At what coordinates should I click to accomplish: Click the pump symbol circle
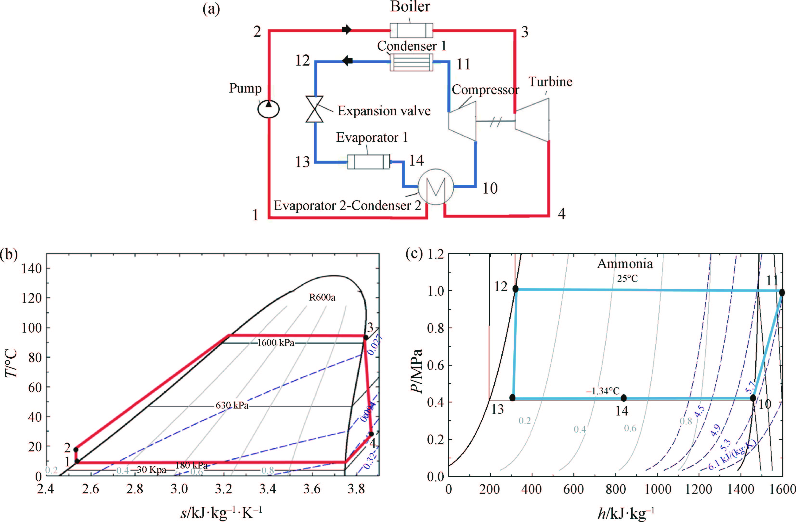[x=268, y=109]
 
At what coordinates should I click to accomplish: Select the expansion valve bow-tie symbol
[x=314, y=109]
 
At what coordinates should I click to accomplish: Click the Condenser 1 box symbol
[x=411, y=62]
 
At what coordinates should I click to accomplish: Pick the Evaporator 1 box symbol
[x=369, y=162]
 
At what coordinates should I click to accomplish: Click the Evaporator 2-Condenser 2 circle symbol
[x=435, y=187]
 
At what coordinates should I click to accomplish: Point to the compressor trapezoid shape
[x=462, y=121]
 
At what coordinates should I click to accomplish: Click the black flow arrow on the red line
[x=347, y=30]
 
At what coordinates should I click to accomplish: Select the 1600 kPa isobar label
[x=276, y=343]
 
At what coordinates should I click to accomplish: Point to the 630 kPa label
[x=232, y=406]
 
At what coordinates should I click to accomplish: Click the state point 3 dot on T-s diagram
[x=366, y=337]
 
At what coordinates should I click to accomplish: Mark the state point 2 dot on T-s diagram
[x=76, y=450]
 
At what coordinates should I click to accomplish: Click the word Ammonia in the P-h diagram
[x=625, y=264]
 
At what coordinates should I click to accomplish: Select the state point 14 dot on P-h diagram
[x=623, y=398]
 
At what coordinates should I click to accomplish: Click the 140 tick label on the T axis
[x=32, y=268]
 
